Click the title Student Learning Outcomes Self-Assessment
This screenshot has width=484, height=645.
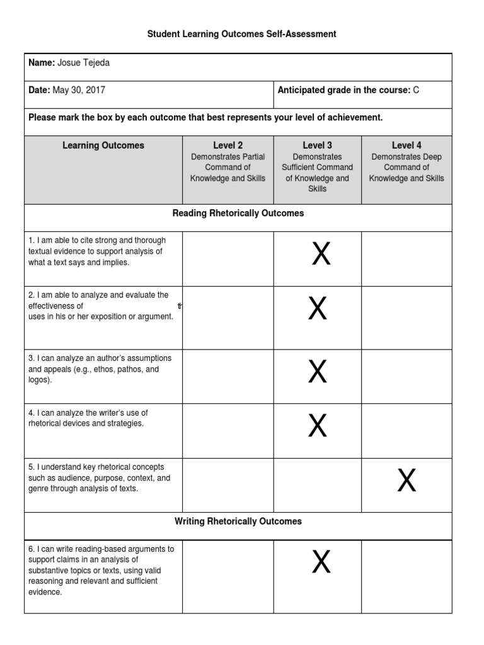242,34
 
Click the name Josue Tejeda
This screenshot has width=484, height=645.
88,63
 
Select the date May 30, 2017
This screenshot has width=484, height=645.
79,90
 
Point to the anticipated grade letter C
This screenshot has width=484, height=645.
416,90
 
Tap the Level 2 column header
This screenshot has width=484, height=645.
228,146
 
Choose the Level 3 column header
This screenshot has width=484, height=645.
318,146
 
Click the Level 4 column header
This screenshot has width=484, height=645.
406,146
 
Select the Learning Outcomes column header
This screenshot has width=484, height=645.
103,146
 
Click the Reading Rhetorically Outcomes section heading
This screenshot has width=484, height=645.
238,214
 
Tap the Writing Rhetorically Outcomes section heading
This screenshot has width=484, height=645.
238,522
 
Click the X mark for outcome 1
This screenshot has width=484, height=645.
321,254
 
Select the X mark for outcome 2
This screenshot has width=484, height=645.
318,309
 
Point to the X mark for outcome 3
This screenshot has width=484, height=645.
318,372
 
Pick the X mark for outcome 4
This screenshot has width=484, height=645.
318,426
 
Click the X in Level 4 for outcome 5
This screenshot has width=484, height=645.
406,482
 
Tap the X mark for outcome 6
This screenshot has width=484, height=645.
321,562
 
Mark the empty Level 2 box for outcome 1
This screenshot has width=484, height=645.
228,258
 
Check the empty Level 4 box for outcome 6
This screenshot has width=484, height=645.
406,576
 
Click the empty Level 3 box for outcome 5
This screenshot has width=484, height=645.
318,485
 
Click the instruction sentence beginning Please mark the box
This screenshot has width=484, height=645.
205,118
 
